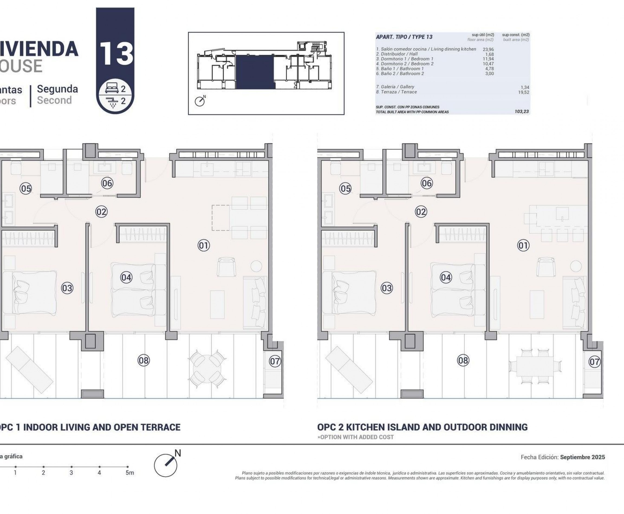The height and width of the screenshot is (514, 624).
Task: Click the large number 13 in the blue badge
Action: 116,54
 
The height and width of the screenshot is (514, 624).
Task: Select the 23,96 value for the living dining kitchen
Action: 488,50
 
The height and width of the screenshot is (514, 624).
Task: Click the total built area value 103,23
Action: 522,112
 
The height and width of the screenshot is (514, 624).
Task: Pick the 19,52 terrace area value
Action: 523,92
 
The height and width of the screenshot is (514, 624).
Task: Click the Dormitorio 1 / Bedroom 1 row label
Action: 405,59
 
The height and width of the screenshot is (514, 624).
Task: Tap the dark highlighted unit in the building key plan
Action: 254,72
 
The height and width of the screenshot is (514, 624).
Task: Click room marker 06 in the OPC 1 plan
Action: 107,183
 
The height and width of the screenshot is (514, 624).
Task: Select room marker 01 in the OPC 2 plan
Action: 523,245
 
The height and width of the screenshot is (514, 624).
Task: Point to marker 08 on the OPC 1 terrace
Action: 144,360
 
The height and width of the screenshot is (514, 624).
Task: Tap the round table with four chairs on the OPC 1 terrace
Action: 207,369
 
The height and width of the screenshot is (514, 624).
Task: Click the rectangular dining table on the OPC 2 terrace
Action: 535,366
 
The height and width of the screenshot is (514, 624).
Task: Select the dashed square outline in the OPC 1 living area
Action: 220,218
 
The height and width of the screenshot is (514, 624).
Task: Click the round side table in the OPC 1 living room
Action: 256,266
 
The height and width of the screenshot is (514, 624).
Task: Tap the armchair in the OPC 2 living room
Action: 546,267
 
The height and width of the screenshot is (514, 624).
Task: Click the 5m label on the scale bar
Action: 129,473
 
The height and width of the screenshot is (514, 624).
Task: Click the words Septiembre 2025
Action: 583,457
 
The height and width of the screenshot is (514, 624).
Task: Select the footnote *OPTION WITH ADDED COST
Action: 355,437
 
